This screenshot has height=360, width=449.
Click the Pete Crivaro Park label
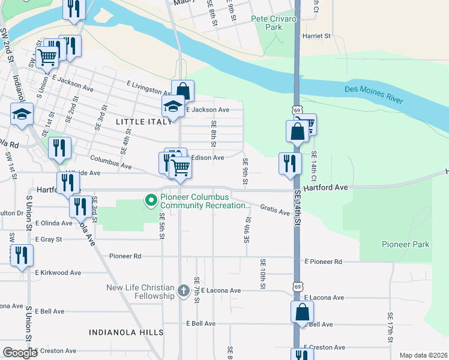pos(274,23)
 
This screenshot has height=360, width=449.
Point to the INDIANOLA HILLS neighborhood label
pos(125,332)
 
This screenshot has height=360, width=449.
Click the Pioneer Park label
pos(405,244)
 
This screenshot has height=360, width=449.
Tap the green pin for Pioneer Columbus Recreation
pos(151,199)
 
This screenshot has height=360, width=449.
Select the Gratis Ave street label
pos(276,209)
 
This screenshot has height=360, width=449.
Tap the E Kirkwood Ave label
pos(58,272)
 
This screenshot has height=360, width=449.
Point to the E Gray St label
pos(56,239)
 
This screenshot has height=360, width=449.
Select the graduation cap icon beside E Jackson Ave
pos(173,106)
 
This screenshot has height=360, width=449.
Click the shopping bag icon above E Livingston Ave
pos(183,91)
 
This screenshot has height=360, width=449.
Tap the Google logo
pos(20,353)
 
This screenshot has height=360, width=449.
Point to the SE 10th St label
pos(262,274)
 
